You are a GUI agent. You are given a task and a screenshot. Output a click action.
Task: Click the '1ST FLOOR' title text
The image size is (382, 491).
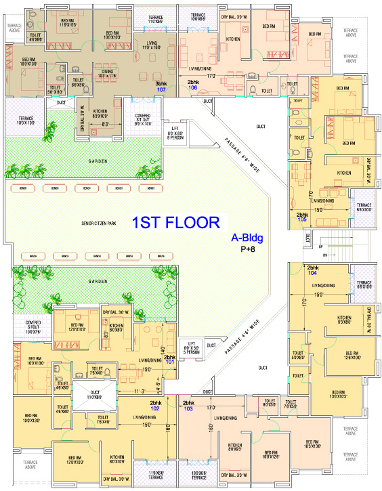[175, 223]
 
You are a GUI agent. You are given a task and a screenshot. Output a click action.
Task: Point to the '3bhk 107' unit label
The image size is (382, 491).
[161, 86]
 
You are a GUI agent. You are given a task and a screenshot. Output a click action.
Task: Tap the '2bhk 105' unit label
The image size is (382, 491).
[302, 217]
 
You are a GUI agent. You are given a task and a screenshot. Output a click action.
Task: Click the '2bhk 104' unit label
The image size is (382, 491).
[312, 270]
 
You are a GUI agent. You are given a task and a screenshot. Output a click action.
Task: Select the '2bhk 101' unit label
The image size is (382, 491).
[169, 359]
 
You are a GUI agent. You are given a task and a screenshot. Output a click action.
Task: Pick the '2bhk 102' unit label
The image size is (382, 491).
[156, 405]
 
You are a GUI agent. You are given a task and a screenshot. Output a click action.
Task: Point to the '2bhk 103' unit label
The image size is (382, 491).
[188, 405]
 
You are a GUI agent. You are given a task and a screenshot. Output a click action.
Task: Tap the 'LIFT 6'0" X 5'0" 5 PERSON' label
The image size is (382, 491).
[194, 347]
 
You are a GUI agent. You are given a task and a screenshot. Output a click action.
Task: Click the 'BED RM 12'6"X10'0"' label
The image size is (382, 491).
[349, 356]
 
